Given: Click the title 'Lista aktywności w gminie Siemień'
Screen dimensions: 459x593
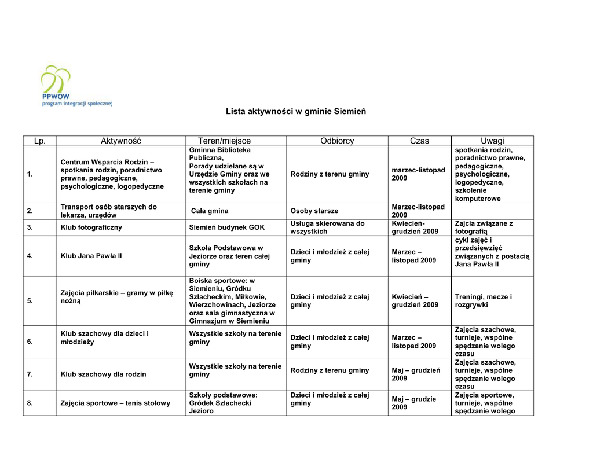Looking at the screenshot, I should [x=296, y=111].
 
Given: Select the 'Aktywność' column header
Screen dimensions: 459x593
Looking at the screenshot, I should [x=121, y=141].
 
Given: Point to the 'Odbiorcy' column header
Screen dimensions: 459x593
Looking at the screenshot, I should [x=337, y=141].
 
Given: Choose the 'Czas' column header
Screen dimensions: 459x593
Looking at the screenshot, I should [x=419, y=141].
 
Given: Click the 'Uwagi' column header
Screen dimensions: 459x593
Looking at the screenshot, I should [x=492, y=141].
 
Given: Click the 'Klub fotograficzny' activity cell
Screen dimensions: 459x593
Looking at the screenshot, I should [x=91, y=227].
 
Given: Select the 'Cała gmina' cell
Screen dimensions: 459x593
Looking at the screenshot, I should [x=210, y=211].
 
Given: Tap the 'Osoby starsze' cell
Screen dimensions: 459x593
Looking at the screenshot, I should [x=314, y=211].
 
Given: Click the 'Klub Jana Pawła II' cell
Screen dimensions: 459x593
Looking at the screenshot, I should [x=91, y=256].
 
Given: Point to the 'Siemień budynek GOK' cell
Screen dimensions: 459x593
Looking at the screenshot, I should [x=226, y=227].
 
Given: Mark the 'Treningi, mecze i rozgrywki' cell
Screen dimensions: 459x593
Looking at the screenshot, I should [x=484, y=301].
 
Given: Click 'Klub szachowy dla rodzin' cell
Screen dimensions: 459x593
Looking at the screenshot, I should [x=104, y=374].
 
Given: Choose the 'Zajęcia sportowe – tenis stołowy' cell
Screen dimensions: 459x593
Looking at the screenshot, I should [x=116, y=403].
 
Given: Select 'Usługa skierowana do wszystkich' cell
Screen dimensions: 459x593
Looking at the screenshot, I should [x=327, y=227].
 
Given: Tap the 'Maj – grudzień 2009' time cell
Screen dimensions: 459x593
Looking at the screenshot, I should [x=416, y=374].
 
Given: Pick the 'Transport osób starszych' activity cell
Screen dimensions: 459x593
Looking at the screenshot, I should [x=109, y=211].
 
